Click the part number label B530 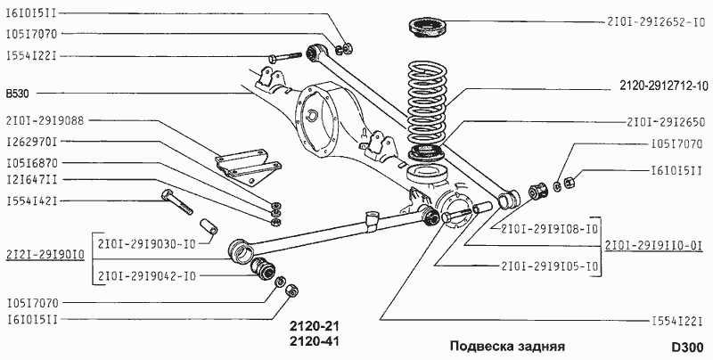[19, 92]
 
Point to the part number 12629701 [32, 141]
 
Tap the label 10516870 [32, 162]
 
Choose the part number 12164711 [32, 181]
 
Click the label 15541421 [32, 200]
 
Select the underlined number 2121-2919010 [45, 254]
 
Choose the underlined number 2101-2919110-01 [654, 246]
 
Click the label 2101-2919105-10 [549, 266]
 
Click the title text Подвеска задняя [507, 346]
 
